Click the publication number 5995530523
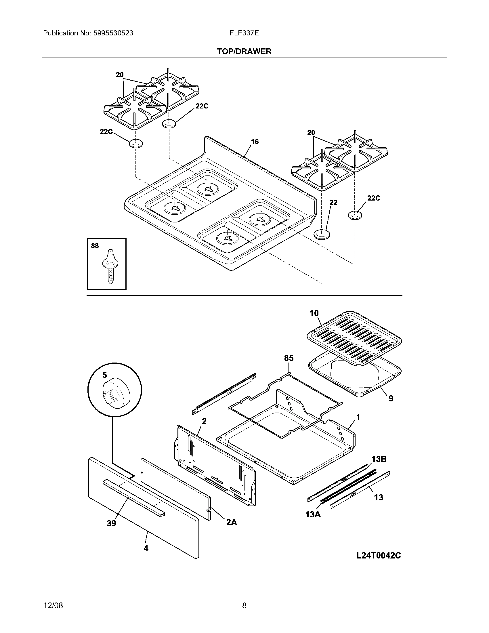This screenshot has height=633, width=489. tap(113, 33)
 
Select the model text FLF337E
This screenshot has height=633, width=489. tap(244, 33)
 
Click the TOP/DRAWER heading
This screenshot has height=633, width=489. tap(244, 52)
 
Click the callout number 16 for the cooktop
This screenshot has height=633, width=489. tap(255, 142)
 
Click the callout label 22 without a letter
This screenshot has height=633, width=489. tap(333, 203)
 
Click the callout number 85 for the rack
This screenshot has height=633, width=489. tap(289, 358)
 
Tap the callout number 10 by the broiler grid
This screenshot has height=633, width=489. tap(314, 313)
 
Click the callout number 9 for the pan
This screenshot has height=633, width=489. tap(391, 399)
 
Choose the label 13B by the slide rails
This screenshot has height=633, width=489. tap(379, 460)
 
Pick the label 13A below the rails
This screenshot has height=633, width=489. tap(313, 515)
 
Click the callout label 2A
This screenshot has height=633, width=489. tap(232, 522)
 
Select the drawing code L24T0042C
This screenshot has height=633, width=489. tap(378, 556)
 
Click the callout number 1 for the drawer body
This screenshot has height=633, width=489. tap(358, 417)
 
